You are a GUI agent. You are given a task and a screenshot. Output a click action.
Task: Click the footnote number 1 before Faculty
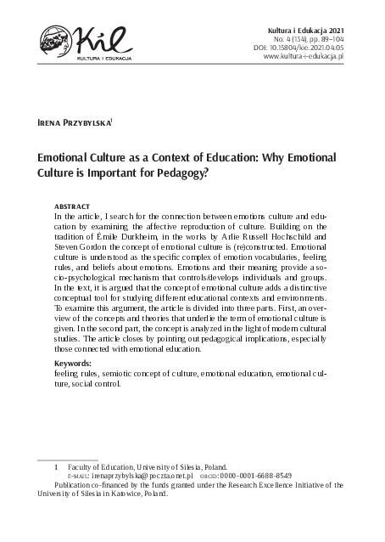click(x=56, y=466)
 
